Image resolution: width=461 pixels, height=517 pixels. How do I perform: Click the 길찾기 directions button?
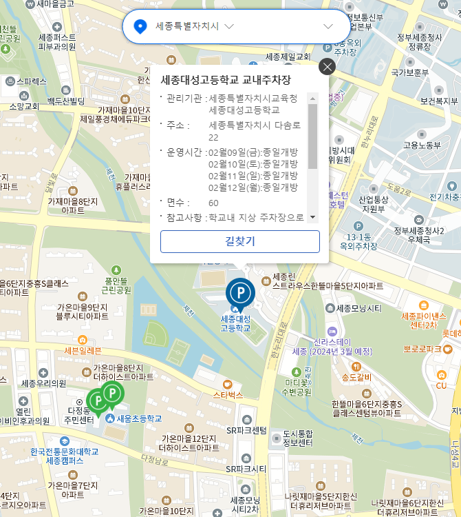pos(240,241)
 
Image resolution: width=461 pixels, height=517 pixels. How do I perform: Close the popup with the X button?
pos(327,66)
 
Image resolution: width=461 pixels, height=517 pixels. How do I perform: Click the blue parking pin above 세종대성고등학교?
pos(240,292)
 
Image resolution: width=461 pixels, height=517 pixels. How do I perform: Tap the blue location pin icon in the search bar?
pos(140,26)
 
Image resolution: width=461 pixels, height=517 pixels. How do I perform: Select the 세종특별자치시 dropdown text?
pos(187,26)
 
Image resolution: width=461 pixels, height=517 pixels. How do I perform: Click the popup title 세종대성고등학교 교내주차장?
pos(226,80)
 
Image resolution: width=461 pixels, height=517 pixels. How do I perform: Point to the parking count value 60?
pos(213,203)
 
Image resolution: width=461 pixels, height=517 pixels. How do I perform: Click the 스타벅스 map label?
pos(228,395)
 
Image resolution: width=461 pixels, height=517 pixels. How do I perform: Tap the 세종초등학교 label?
pos(139,418)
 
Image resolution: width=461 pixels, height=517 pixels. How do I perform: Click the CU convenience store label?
pos(441,385)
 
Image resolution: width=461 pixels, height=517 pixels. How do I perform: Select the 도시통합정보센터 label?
pos(297,438)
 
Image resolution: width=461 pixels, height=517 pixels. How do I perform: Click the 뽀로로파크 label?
pos(422,349)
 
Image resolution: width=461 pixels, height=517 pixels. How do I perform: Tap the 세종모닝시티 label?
pos(357,308)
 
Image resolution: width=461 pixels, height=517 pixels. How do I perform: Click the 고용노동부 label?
pos(422,145)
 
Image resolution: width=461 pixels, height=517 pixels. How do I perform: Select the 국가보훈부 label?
pos(410,72)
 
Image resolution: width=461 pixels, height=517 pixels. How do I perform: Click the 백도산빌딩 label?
pos(66,101)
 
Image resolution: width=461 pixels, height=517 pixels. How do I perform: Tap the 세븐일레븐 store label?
pos(83,350)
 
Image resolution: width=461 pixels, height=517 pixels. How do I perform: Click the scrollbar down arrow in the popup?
pos(313,217)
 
